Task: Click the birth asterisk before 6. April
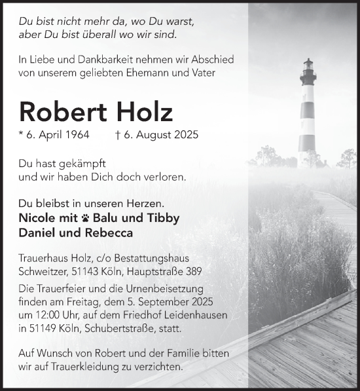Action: click(x=22, y=135)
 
